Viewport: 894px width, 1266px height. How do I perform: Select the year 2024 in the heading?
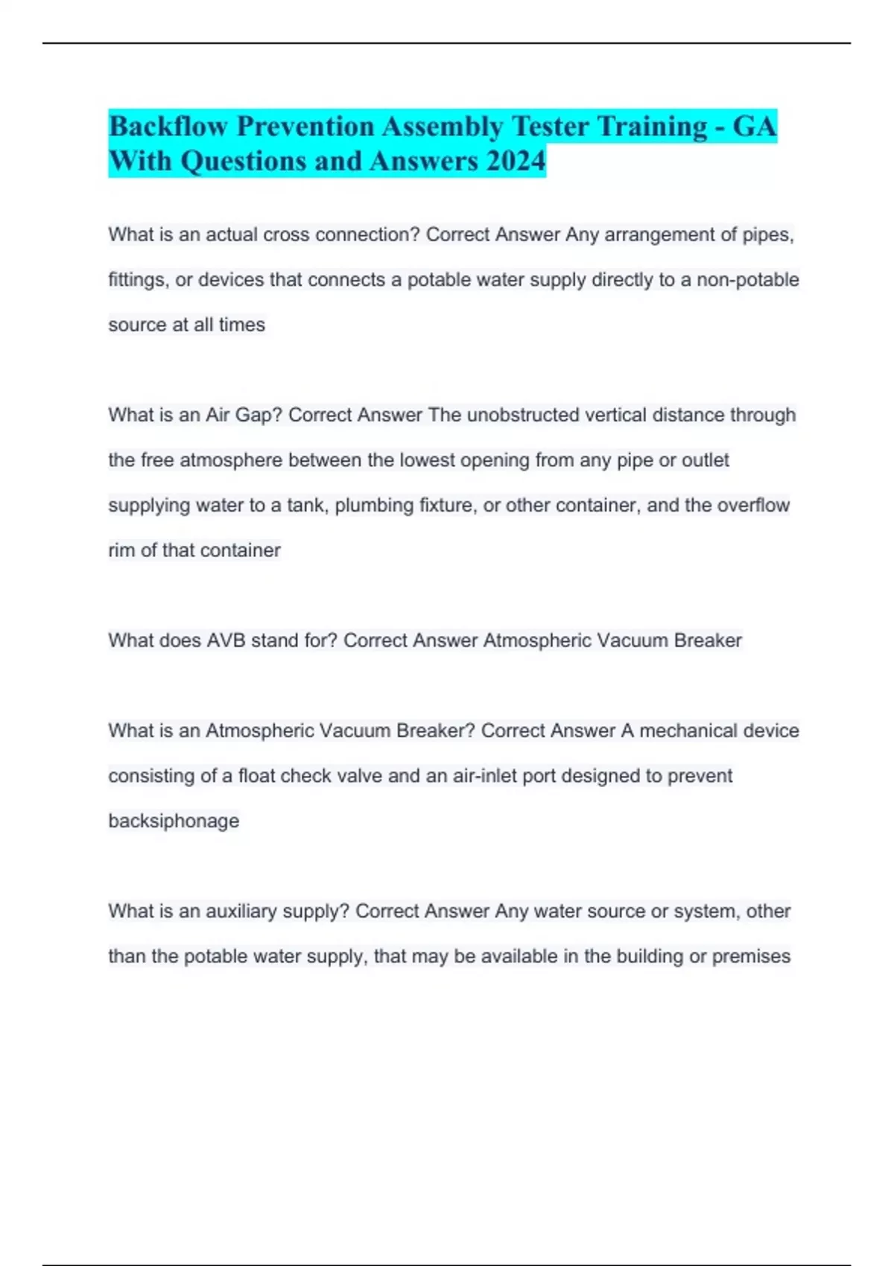(516, 161)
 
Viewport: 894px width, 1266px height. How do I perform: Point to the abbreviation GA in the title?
(755, 127)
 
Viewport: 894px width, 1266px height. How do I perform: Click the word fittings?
(138, 280)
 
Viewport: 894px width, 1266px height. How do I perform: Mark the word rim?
(121, 550)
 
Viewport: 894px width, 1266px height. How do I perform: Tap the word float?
(256, 776)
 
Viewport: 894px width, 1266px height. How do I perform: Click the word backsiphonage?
(174, 821)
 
